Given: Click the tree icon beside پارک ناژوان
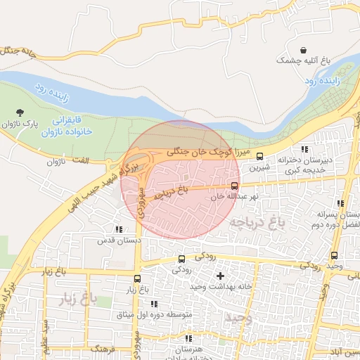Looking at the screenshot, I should [20, 112].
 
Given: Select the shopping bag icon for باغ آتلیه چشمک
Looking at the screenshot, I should [303, 51].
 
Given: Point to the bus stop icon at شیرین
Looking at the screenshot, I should [260, 156].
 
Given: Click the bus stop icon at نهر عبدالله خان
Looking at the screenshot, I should [234, 186].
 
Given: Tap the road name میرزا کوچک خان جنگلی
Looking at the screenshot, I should [208, 151].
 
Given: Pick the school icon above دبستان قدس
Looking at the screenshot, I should [118, 229].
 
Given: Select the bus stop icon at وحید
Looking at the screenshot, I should [334, 256].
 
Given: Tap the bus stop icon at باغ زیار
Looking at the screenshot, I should [137, 278].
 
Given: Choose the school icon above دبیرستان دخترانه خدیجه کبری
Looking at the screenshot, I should [304, 149].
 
